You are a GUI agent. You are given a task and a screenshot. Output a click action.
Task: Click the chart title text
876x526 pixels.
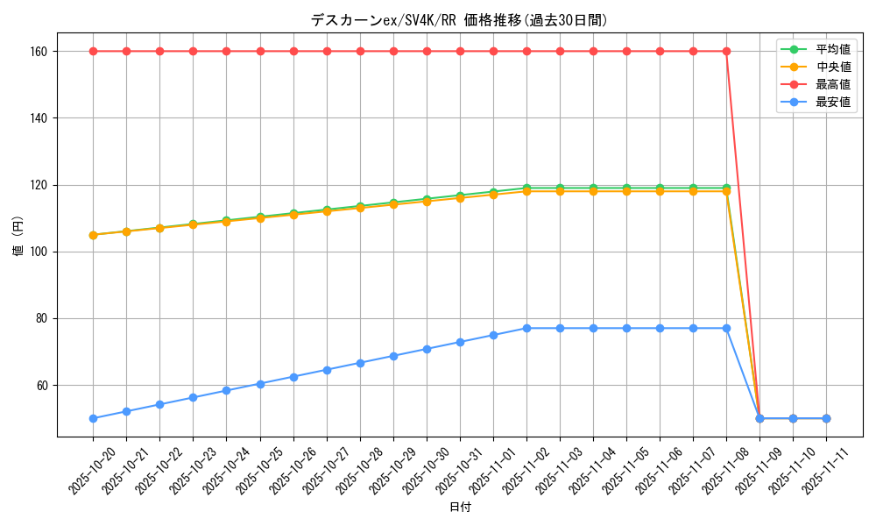click(458, 20)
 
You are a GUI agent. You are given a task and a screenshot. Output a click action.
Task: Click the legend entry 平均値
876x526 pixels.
click(832, 49)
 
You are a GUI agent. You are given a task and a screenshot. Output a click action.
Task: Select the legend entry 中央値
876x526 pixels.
click(832, 67)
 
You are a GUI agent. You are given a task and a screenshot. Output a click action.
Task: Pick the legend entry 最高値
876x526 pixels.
click(832, 84)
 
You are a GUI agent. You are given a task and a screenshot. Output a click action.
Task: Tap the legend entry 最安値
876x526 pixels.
click(832, 102)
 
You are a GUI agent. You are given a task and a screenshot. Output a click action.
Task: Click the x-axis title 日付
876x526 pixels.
click(460, 508)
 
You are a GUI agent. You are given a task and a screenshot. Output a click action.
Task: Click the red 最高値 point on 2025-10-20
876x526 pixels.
click(93, 51)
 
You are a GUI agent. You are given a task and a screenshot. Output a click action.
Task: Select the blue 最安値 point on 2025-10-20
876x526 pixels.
click(93, 418)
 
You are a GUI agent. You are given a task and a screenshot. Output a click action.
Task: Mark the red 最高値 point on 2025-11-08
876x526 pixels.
click(726, 51)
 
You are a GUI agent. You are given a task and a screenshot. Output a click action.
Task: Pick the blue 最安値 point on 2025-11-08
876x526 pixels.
click(726, 328)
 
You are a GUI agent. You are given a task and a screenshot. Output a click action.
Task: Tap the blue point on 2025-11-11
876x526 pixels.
click(826, 418)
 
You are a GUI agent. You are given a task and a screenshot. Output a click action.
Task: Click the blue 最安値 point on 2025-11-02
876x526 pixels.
click(526, 328)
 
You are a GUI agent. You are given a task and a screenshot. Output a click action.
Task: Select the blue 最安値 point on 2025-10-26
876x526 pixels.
click(293, 377)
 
